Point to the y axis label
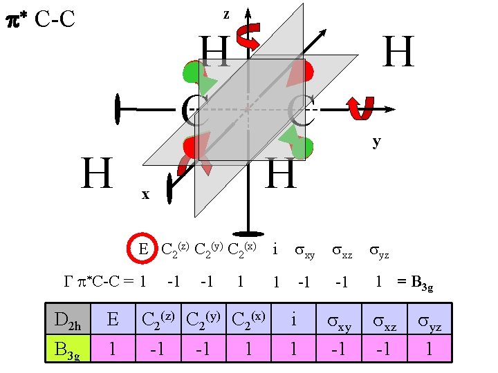(x=376, y=141)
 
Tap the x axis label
(x=145, y=195)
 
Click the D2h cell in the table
(x=68, y=320)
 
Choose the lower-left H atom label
(x=97, y=173)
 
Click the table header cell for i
(x=293, y=320)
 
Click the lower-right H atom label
(x=281, y=173)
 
